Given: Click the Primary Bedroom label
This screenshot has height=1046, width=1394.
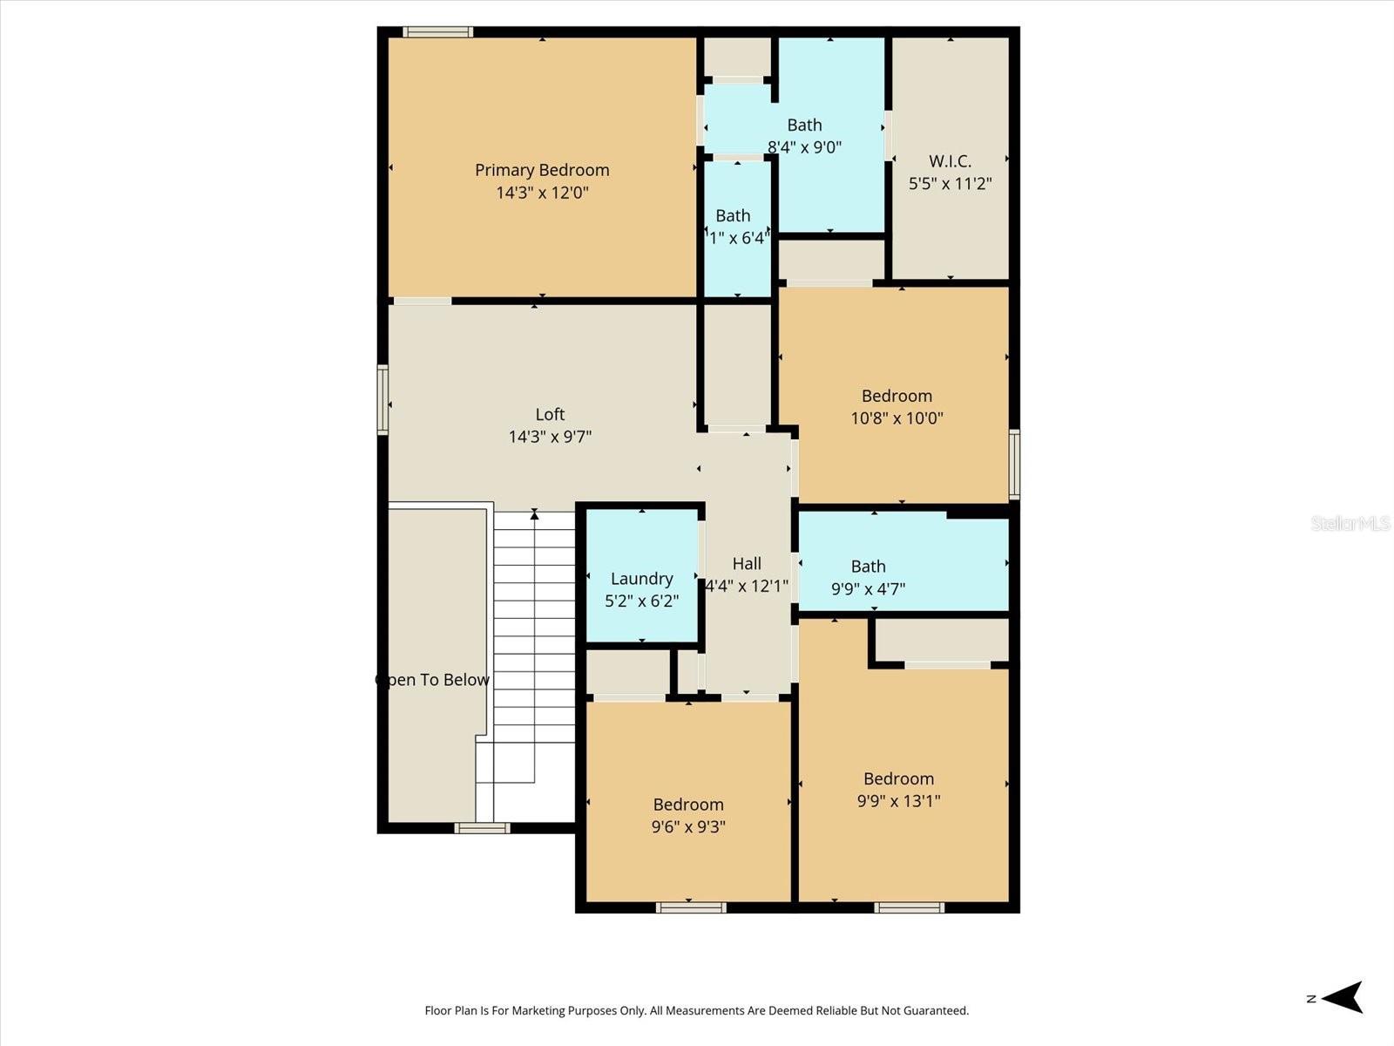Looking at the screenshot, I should [x=542, y=170].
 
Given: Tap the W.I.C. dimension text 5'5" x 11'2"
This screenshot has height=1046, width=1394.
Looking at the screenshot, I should [x=950, y=184].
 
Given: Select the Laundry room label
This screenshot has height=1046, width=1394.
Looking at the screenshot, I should [x=641, y=579].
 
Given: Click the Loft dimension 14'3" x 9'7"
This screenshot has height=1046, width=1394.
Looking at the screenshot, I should [x=550, y=437].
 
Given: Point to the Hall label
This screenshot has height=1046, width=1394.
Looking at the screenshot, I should [x=747, y=564].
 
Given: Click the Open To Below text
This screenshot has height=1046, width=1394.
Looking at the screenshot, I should [x=433, y=680].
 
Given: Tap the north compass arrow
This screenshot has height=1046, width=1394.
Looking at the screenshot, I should [x=1342, y=997].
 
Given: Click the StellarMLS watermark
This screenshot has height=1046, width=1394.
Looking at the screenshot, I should [x=1350, y=523].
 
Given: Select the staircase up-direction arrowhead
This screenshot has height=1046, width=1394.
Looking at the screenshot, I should [x=534, y=515].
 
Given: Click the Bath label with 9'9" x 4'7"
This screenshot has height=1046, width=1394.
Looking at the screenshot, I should [x=868, y=567].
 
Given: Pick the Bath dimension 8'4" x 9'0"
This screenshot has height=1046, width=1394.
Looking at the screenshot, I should [x=804, y=147].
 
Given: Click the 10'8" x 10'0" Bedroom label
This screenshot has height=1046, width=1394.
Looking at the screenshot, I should [x=897, y=396].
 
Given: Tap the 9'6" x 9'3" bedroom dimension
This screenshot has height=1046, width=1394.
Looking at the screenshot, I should [x=688, y=826].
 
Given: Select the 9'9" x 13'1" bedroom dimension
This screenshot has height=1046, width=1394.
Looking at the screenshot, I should [x=898, y=801].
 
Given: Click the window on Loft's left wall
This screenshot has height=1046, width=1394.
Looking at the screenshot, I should [x=382, y=399].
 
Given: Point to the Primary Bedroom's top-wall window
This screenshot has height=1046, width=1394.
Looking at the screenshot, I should [x=438, y=32].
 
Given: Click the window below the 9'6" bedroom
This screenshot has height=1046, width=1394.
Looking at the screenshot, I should [x=691, y=907].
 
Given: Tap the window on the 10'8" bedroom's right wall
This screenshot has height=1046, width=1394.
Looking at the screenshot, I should [x=1014, y=464].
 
